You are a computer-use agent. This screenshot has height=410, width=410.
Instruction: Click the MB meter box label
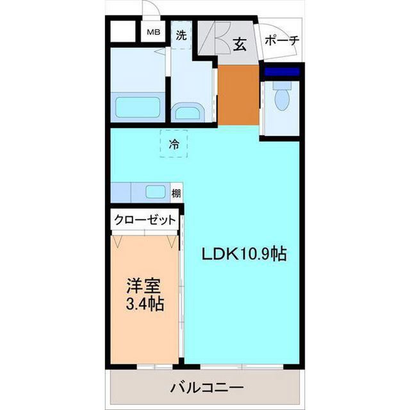[x=154, y=32]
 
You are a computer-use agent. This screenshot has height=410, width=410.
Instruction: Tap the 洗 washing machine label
[x=181, y=36]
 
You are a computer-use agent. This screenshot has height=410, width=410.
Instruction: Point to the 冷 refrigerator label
[x=174, y=145]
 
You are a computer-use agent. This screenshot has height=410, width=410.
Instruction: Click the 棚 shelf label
[x=176, y=192]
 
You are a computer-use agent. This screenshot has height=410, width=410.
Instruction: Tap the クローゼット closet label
[x=145, y=219]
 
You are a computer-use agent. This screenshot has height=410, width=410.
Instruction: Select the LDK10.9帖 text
[x=243, y=254]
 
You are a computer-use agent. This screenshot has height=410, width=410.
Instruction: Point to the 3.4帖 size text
[x=144, y=303]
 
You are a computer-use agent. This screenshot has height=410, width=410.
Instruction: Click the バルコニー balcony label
[x=206, y=388]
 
